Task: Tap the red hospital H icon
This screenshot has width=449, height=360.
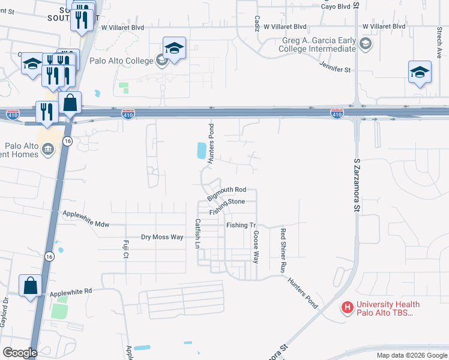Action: click(x=347, y=308)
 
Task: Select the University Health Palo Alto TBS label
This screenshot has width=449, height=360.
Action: click(x=388, y=309)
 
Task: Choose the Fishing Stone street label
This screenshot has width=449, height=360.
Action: click(x=228, y=207)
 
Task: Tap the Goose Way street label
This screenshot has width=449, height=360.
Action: click(x=255, y=247)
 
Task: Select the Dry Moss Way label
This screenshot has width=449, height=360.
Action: click(x=162, y=237)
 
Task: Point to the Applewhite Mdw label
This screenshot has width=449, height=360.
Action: click(x=87, y=218)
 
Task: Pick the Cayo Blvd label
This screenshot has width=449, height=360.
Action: click(x=335, y=7)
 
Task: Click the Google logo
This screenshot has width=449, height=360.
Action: click(x=20, y=353)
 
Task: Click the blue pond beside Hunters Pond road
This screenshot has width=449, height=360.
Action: click(x=200, y=151)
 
